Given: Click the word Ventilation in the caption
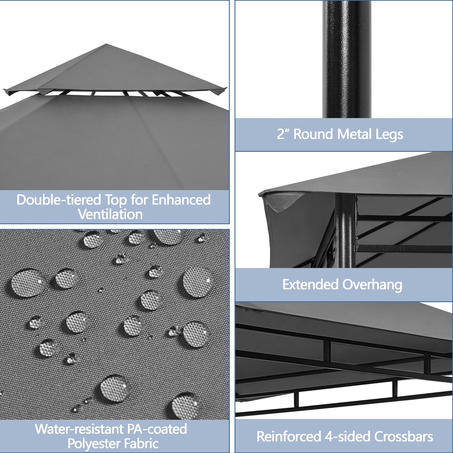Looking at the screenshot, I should point(110,215).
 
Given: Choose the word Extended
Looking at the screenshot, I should point(310,285).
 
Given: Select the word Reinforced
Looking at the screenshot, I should point(289,437).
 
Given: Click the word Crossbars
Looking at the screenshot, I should point(404,437).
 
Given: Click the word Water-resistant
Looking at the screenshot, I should point(79,429).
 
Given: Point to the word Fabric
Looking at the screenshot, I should point(142,444).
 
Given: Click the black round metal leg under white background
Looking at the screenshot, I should point(347,60).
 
